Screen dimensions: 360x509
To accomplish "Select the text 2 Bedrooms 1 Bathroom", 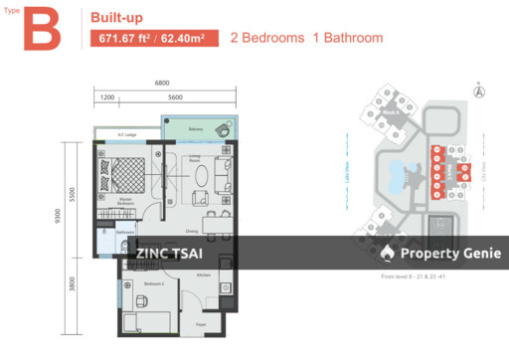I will coord(306,39).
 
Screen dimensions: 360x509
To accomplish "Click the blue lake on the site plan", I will coord(407,178).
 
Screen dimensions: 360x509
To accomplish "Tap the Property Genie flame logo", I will coord(387,254).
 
